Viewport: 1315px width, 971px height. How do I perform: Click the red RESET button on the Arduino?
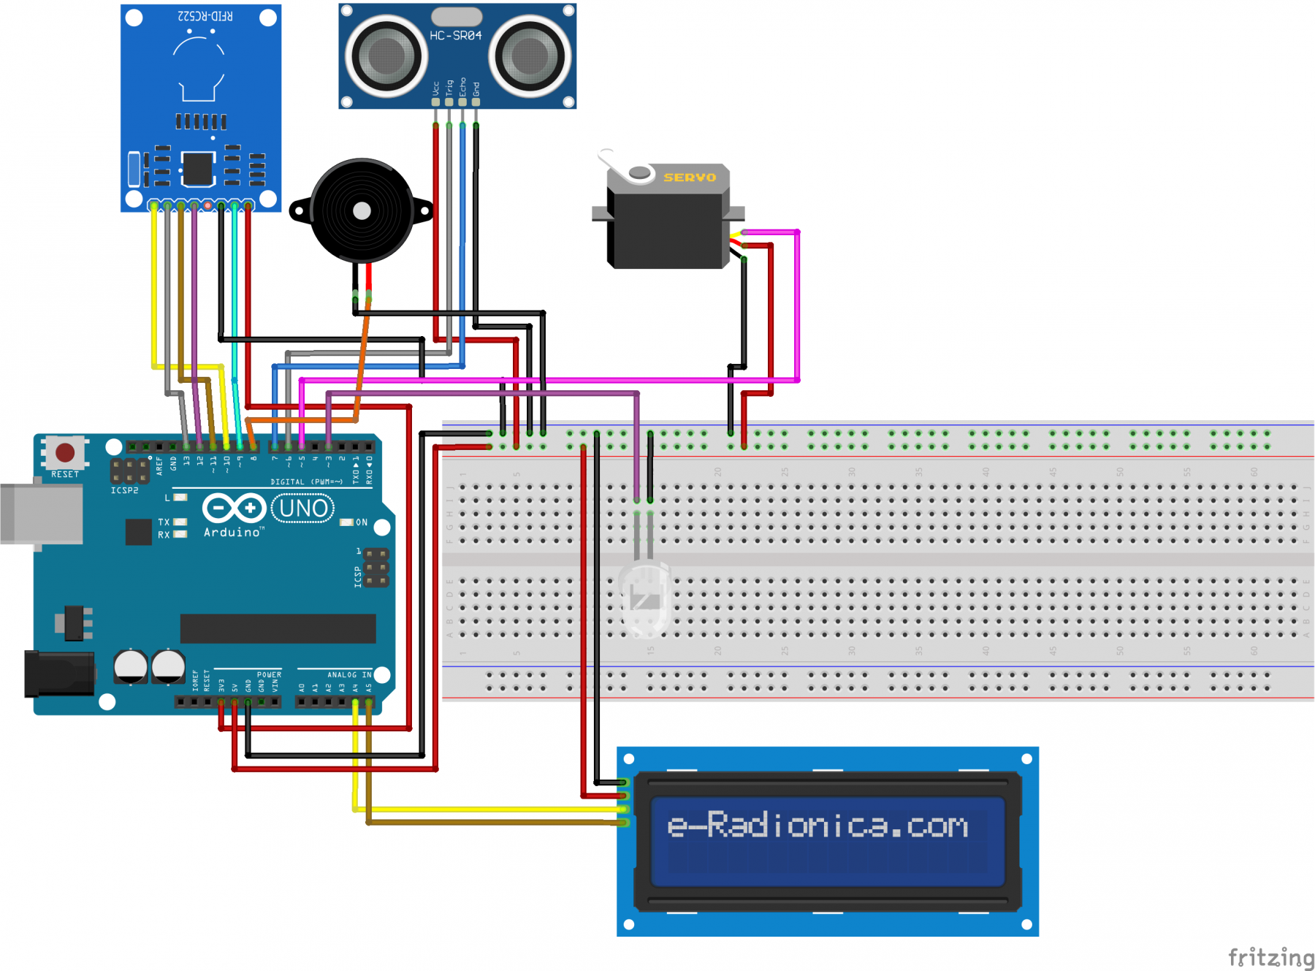[x=65, y=453]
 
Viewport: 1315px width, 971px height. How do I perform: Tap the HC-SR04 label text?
[x=455, y=35]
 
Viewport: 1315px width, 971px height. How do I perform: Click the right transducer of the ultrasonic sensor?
[x=530, y=56]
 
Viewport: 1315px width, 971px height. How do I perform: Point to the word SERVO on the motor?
[x=689, y=178]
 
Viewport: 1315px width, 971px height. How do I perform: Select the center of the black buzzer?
[x=362, y=210]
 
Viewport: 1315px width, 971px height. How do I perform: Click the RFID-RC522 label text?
[x=205, y=15]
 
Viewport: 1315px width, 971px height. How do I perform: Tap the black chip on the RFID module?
[x=198, y=169]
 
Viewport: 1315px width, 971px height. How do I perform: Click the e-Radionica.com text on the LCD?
[x=817, y=826]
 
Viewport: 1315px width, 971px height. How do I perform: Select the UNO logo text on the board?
[x=303, y=509]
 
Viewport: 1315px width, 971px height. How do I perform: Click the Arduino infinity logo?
[x=234, y=508]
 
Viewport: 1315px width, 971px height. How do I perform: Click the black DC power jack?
[x=58, y=673]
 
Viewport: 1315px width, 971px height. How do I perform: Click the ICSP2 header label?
[x=124, y=490]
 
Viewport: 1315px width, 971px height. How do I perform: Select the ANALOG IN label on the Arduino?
[x=349, y=674]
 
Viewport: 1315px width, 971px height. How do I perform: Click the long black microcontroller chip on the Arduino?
[x=278, y=628]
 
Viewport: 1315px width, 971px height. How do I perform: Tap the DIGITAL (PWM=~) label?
[x=306, y=481]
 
